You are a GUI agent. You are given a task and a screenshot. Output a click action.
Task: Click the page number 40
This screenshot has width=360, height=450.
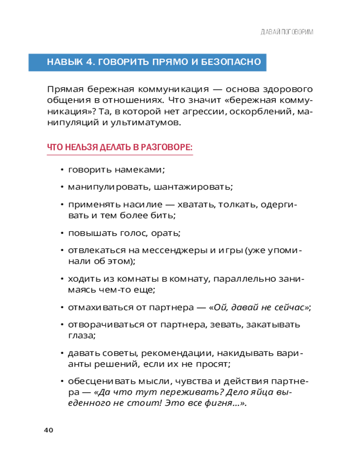[49, 430]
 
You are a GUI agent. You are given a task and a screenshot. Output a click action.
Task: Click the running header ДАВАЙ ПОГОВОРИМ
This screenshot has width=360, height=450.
[287, 32]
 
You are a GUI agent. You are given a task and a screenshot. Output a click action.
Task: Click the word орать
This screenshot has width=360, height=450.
[168, 233]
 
